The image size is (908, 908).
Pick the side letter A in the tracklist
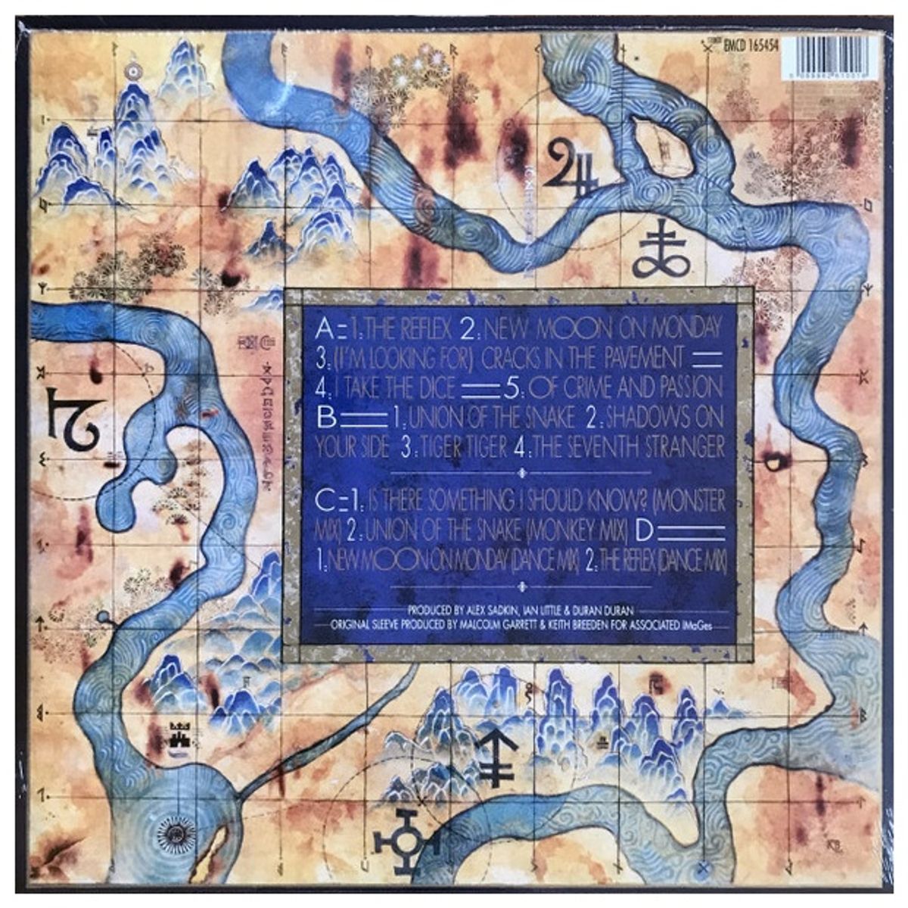(x=324, y=328)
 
